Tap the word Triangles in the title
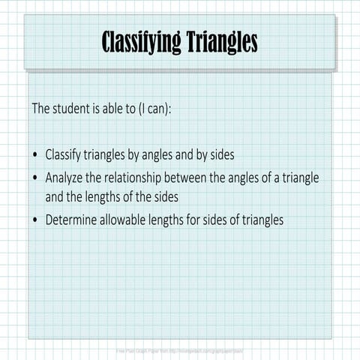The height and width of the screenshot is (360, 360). pos(222,43)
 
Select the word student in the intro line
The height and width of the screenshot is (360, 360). pos(76,109)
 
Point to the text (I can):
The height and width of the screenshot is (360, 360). pos(153,109)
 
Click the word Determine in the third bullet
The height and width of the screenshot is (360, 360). pos(74,220)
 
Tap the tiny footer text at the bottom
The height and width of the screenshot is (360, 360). pos(180,350)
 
